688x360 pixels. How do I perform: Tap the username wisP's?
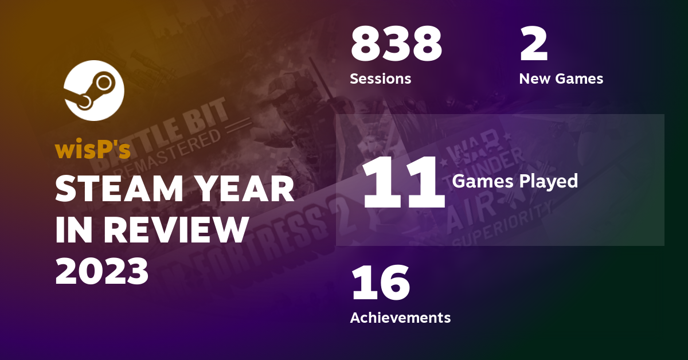[93, 150]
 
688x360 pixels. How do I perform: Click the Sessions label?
[380, 79]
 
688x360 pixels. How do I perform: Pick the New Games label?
[561, 79]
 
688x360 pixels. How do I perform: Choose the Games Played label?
[514, 181]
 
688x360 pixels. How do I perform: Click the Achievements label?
[400, 317]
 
